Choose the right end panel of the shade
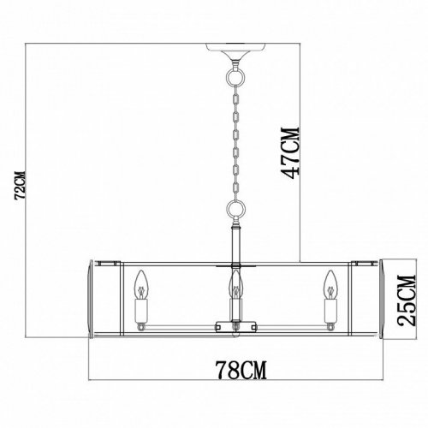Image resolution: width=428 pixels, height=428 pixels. coord(372,295)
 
